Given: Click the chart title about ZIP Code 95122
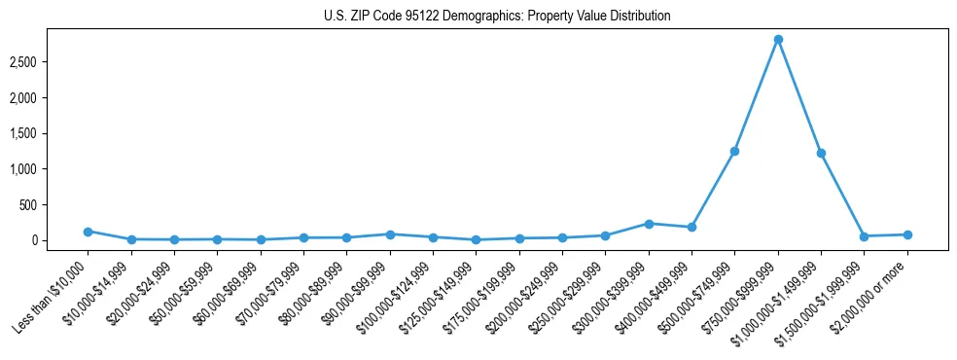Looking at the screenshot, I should pyautogui.click(x=497, y=17).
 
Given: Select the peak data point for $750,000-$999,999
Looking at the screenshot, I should pyautogui.click(x=778, y=40).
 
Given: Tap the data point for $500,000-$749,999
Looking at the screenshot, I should pyautogui.click(x=734, y=151).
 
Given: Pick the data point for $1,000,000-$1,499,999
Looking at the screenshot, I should pyautogui.click(x=821, y=153).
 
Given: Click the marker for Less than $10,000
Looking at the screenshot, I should pyautogui.click(x=88, y=232).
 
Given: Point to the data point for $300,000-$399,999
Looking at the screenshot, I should pyautogui.click(x=649, y=224).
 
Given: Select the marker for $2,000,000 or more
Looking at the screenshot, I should pyautogui.click(x=907, y=234).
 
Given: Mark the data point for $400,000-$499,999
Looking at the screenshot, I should pyautogui.click(x=691, y=227).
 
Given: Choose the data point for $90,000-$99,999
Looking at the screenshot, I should pyautogui.click(x=390, y=234).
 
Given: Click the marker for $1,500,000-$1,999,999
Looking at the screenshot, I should pyautogui.click(x=864, y=236).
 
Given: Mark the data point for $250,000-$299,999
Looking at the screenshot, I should pyautogui.click(x=605, y=235).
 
